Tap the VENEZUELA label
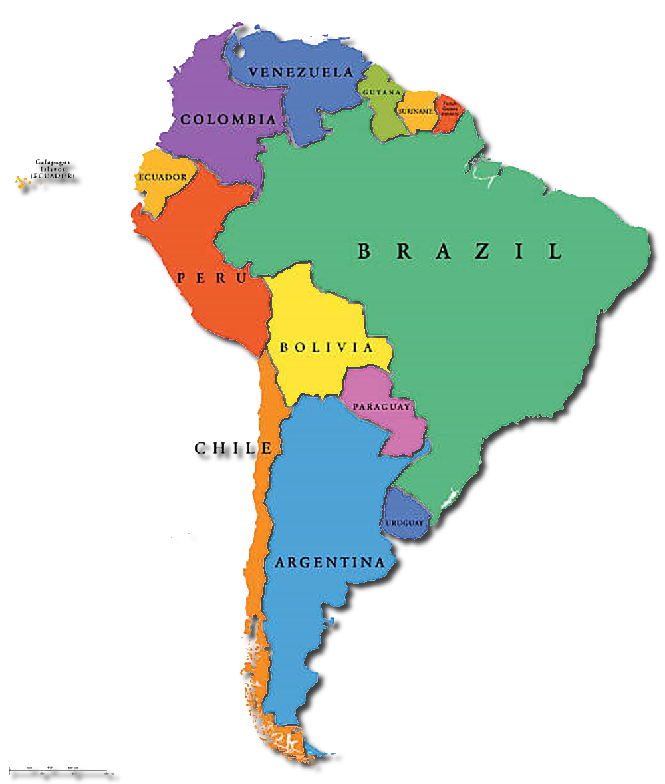point(301,72)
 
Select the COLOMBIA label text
point(228,120)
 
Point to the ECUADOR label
point(162,178)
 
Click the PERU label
point(211,278)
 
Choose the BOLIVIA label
point(327,347)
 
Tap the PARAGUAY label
point(381,406)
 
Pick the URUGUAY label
point(404,524)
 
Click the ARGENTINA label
point(330,563)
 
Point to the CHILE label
point(233,448)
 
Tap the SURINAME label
point(417,111)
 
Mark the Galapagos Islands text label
point(53,169)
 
